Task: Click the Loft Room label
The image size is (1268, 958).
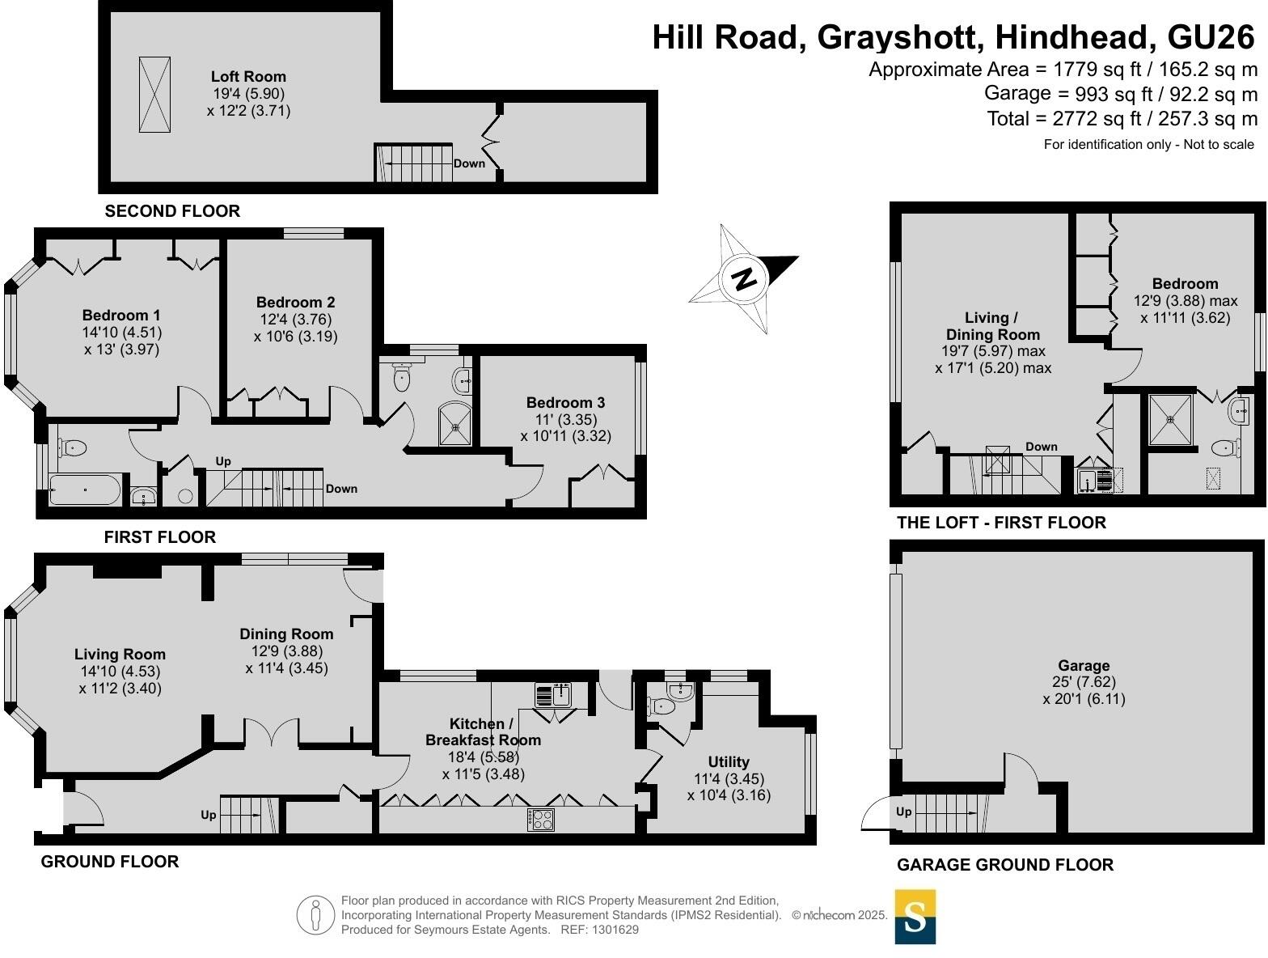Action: [x=248, y=76]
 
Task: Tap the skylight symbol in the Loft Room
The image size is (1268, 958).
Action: [x=154, y=95]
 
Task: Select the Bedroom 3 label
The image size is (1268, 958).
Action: [x=565, y=402]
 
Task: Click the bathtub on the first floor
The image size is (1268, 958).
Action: [x=85, y=489]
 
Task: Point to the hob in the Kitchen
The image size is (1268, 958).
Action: [x=541, y=820]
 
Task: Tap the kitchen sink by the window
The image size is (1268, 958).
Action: [x=555, y=695]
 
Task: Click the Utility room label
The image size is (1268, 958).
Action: [x=729, y=761]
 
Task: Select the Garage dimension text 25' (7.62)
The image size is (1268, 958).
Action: [x=1084, y=682]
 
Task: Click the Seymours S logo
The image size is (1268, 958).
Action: [x=915, y=917]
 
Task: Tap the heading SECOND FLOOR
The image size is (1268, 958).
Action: [x=172, y=211]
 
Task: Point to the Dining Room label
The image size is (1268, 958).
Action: [x=286, y=634]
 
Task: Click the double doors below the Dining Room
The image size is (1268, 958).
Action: [x=273, y=732]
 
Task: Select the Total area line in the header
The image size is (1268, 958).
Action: [x=1122, y=119]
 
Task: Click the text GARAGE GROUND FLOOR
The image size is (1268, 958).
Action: [x=1004, y=865]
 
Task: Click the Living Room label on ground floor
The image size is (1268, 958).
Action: [x=120, y=654]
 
